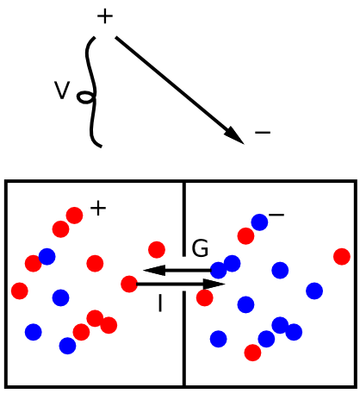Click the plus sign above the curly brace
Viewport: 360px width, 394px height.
[x=105, y=16]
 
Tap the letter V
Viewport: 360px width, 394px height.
[x=62, y=91]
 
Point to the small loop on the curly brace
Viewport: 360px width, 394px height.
[x=85, y=97]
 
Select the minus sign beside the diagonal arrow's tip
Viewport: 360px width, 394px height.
[x=263, y=133]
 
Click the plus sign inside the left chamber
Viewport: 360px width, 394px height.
[x=98, y=209]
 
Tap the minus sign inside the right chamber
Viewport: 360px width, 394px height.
[x=276, y=215]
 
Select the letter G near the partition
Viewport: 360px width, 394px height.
[x=200, y=248]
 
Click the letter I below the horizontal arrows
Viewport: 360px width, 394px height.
[x=160, y=303]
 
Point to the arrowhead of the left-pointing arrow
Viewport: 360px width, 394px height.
[x=154, y=270]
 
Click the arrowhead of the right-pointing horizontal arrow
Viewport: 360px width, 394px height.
[x=214, y=284]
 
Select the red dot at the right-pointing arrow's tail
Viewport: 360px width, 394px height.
[x=129, y=284]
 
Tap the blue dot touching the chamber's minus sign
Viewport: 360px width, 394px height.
[x=259, y=222]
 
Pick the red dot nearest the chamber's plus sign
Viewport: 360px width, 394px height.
[x=74, y=216]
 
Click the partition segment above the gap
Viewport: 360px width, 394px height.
[x=184, y=219]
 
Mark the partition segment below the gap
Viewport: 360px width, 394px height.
[x=184, y=338]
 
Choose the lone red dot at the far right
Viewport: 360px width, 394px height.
[x=342, y=256]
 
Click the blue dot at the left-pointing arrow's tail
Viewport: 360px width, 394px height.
[x=219, y=270]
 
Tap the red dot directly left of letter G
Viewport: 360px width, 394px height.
[x=157, y=249]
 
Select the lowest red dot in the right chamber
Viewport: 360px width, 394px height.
[x=252, y=353]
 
